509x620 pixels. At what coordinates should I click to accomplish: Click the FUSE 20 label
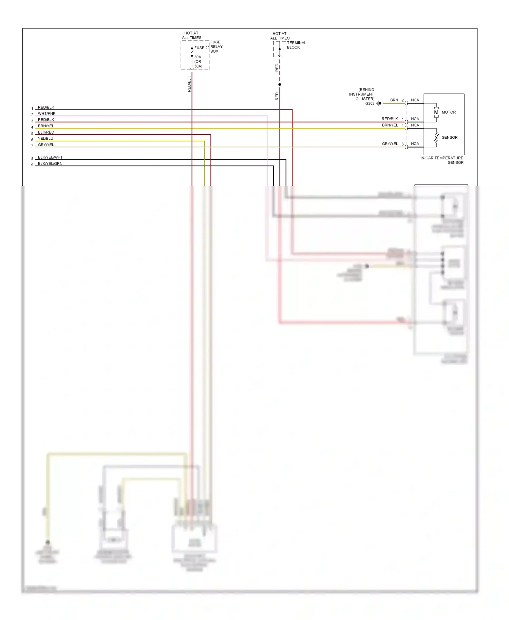[202, 48]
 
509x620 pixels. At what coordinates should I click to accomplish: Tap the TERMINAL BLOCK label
[296, 45]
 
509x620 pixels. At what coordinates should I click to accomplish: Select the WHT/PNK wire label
[46, 113]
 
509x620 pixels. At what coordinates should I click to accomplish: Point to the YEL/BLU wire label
[45, 138]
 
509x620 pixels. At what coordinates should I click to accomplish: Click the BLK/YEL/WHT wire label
[50, 157]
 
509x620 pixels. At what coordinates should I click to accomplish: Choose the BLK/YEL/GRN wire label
[50, 163]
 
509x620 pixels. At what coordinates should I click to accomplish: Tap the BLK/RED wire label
[46, 132]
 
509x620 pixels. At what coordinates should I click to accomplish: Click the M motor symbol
[436, 112]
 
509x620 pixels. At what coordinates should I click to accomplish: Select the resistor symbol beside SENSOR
[436, 137]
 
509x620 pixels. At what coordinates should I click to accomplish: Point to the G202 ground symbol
[379, 103]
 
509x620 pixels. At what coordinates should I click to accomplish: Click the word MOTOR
[449, 112]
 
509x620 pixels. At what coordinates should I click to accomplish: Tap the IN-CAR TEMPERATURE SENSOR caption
[442, 160]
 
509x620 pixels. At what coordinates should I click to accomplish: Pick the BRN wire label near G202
[394, 100]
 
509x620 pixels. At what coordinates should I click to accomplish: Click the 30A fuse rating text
[197, 57]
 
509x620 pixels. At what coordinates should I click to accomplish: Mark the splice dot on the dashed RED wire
[280, 84]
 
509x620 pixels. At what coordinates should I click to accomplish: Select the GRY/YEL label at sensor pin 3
[390, 144]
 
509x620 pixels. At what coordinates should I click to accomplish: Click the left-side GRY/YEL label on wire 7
[46, 145]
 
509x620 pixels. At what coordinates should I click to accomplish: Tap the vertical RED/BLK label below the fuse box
[189, 84]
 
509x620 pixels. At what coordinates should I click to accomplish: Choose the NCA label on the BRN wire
[415, 100]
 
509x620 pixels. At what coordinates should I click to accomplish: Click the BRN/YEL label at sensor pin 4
[390, 125]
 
